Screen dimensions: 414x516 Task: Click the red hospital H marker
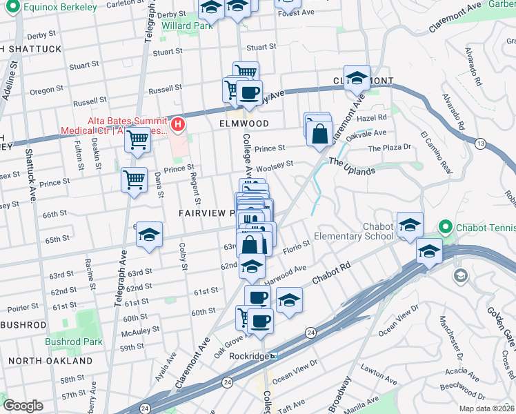click(x=178, y=125)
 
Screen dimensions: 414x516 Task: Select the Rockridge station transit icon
click(x=274, y=356)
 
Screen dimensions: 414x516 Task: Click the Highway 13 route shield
click(x=480, y=143)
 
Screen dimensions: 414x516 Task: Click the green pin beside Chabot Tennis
click(x=446, y=226)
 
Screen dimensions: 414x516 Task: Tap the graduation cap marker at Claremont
click(x=357, y=78)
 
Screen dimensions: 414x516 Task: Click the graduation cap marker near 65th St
click(x=149, y=235)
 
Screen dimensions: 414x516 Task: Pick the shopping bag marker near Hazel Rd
click(x=320, y=134)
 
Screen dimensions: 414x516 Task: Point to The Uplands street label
click(x=352, y=166)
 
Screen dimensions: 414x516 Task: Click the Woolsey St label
click(x=275, y=166)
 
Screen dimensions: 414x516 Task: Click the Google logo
click(x=23, y=406)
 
